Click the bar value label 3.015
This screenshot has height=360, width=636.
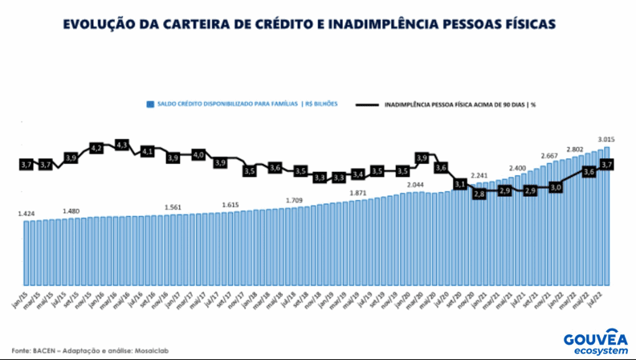point(607,138)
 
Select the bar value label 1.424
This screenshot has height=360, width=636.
point(26,214)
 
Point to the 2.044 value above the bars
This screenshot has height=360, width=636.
point(415,186)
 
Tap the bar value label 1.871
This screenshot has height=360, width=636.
point(358,194)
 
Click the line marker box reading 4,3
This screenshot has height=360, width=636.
point(122,145)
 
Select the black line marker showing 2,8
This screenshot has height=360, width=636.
point(479,194)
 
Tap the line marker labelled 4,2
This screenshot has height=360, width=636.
point(96,149)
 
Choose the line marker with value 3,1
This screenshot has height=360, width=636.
point(459,184)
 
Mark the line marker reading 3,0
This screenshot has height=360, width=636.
point(554,186)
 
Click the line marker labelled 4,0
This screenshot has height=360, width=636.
point(198,153)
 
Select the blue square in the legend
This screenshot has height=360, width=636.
point(149,104)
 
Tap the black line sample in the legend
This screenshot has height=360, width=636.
point(368,104)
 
